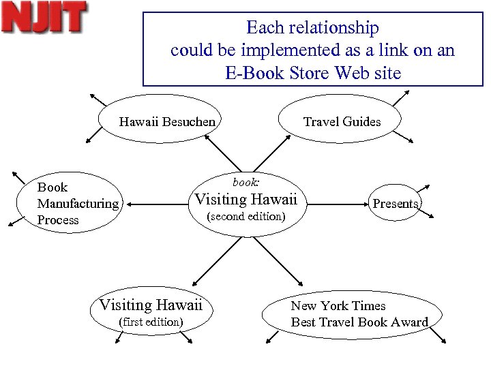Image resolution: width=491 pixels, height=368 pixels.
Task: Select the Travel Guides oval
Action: click(341, 119)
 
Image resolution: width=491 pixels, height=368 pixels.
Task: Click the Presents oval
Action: click(395, 202)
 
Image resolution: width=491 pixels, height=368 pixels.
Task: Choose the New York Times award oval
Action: click(358, 314)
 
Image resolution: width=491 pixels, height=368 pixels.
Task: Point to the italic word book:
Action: click(245, 183)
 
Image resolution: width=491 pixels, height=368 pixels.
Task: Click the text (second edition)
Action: click(245, 217)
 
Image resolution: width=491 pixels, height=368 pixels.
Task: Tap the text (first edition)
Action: click(151, 322)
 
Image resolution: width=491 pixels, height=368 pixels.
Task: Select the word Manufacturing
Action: click(78, 203)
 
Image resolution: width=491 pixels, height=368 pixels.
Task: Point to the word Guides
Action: click(363, 122)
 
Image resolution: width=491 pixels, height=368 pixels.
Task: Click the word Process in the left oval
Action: click(58, 220)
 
